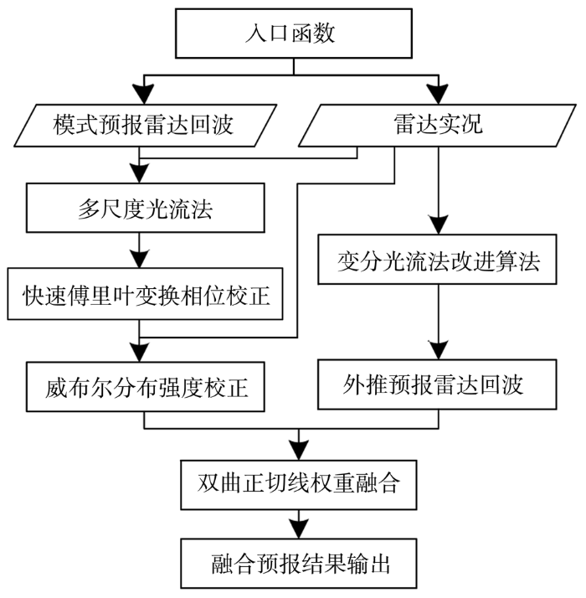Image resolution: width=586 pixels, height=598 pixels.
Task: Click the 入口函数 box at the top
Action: pyautogui.click(x=292, y=34)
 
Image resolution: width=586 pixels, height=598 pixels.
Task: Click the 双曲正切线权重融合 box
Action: pyautogui.click(x=300, y=483)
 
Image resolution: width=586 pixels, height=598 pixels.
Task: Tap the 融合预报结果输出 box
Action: pyautogui.click(x=300, y=562)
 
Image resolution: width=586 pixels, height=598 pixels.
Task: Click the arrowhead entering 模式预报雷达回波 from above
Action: pyautogui.click(x=143, y=91)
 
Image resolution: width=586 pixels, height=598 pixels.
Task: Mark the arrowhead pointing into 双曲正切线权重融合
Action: pyautogui.click(x=300, y=448)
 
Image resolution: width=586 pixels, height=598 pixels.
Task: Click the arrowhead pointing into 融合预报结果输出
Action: pyautogui.click(x=300, y=528)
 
